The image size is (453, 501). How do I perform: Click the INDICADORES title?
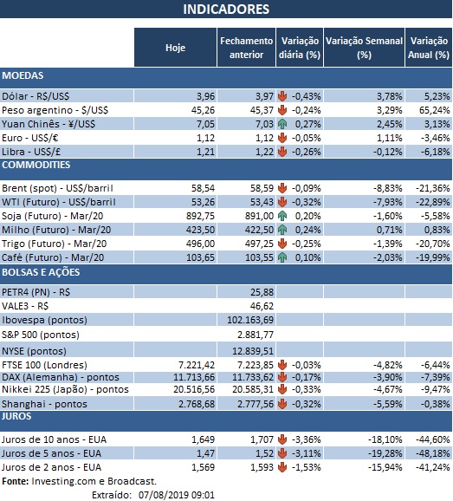click(226, 10)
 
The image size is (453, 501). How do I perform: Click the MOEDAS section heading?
click(23, 75)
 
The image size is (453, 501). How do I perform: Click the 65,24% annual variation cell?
click(430, 109)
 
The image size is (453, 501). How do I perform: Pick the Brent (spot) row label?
click(59, 187)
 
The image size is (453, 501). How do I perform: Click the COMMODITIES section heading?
click(36, 164)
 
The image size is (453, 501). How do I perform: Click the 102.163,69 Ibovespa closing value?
click(245, 318)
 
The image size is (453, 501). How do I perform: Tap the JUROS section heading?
click(19, 415)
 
